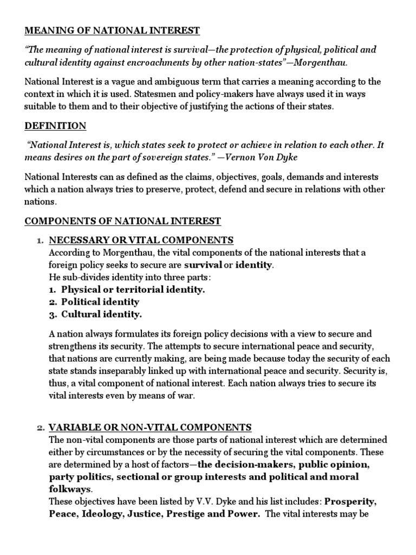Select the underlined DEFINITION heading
click(55, 126)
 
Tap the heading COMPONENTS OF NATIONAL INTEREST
click(122, 221)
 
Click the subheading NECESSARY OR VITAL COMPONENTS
click(141, 240)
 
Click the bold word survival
click(203, 265)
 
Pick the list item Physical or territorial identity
click(133, 290)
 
